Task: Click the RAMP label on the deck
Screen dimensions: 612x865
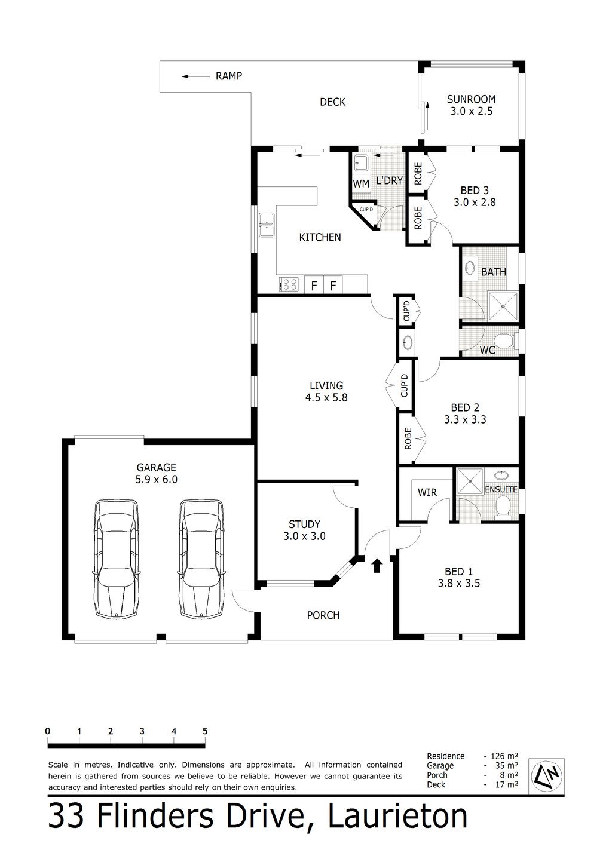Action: (229, 76)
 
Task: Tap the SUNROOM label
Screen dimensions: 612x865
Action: (471, 99)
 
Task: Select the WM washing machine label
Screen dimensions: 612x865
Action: (361, 184)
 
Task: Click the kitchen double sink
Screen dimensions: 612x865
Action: (267, 225)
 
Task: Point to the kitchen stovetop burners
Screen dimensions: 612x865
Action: (288, 284)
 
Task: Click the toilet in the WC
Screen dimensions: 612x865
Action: (506, 341)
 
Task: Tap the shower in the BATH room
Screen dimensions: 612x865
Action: (503, 306)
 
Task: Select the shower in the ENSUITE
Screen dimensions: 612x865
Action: (470, 481)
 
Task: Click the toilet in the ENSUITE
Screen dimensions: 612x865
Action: (503, 506)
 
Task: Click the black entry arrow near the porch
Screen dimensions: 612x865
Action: (377, 566)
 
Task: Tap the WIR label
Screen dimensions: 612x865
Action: (427, 492)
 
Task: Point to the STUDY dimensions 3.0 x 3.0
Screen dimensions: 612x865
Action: (304, 536)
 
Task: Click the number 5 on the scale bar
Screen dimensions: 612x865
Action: (205, 731)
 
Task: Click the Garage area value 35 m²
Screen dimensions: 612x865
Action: (507, 765)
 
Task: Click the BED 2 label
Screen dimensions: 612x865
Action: (465, 407)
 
